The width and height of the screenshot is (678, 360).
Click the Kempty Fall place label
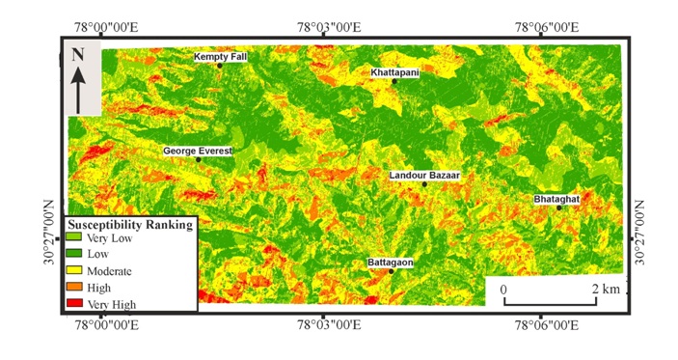[x=220, y=57]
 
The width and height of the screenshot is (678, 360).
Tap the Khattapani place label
[x=395, y=72]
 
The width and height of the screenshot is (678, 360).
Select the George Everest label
[x=197, y=152]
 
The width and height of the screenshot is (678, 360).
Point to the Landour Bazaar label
[x=424, y=176]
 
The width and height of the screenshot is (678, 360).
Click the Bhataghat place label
[x=556, y=199]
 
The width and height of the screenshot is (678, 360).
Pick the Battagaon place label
[x=391, y=263]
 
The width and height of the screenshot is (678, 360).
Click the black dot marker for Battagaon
[x=392, y=271]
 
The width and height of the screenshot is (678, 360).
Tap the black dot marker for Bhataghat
[x=558, y=208]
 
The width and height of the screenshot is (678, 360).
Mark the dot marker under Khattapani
[x=395, y=81]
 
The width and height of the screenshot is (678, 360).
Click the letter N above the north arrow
[x=78, y=55]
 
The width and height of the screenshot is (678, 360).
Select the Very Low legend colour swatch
[x=72, y=237]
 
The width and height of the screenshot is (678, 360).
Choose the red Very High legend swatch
[x=72, y=304]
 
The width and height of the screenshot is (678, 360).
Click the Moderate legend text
[x=109, y=271]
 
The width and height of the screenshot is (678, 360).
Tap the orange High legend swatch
[x=72, y=288]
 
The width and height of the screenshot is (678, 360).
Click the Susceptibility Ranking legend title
[x=129, y=224]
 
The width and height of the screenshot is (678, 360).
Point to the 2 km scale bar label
[x=605, y=290]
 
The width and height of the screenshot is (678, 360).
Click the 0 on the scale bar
[x=502, y=290]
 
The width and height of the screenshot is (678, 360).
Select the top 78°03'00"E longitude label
[x=329, y=27]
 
